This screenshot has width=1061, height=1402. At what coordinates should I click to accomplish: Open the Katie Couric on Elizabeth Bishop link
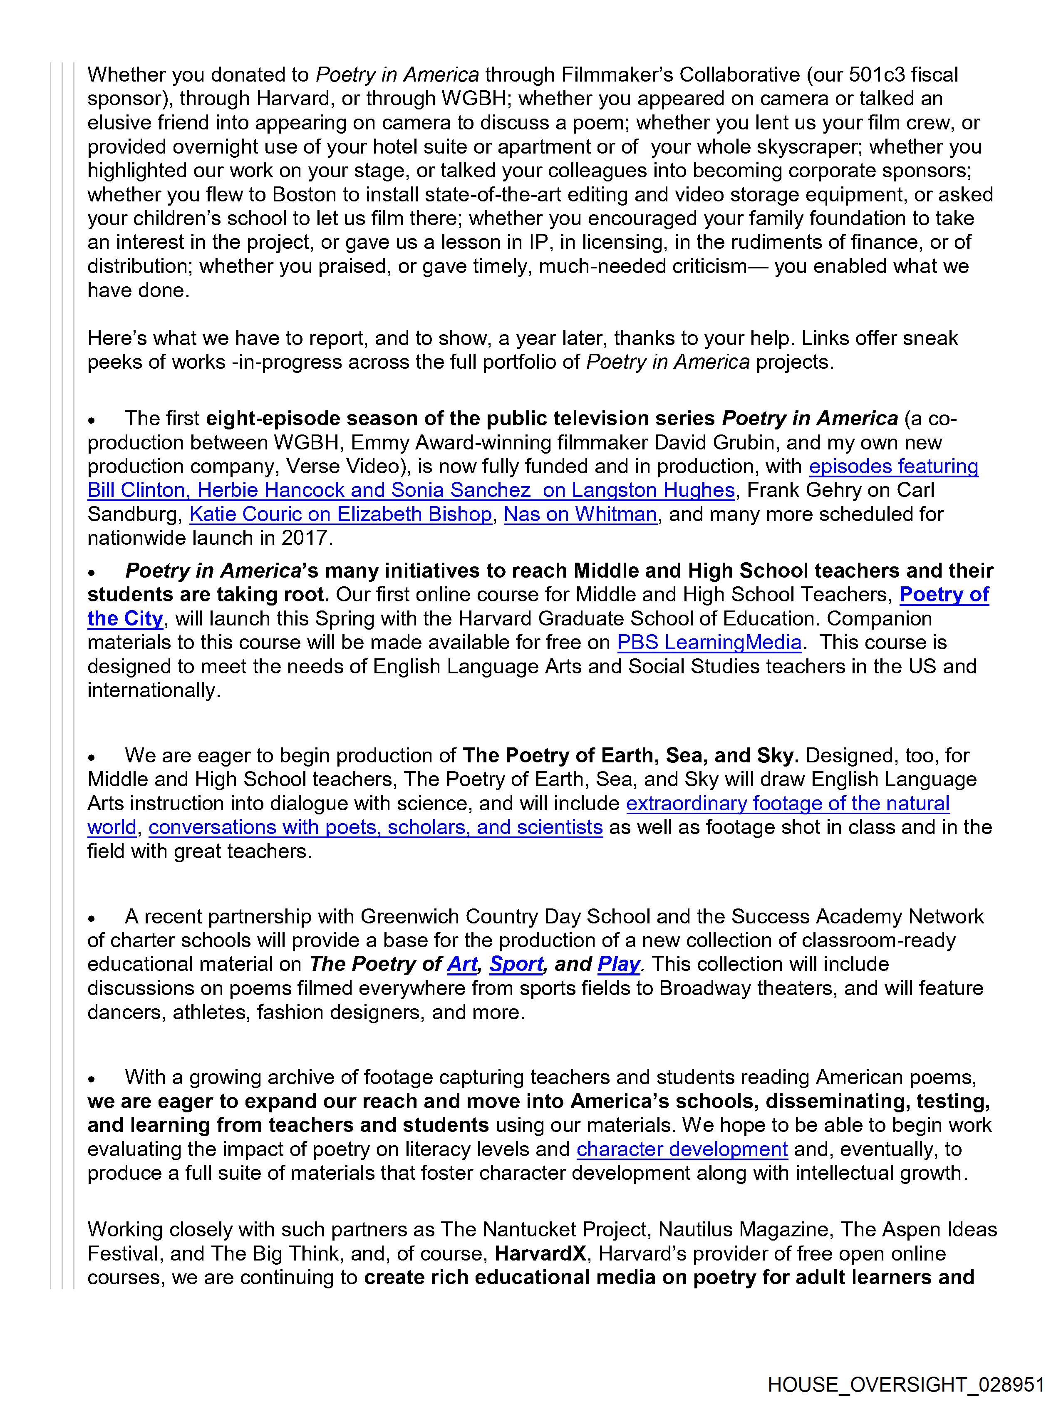pos(340,514)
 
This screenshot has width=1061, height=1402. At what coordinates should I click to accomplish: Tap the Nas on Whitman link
pos(580,514)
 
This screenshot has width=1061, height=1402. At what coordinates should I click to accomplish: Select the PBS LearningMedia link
pos(709,643)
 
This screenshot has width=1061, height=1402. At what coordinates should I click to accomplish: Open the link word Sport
pos(516,964)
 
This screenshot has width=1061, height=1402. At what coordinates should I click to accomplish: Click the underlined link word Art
pos(462,964)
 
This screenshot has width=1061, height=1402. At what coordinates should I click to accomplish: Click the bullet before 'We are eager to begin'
pos(92,757)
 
